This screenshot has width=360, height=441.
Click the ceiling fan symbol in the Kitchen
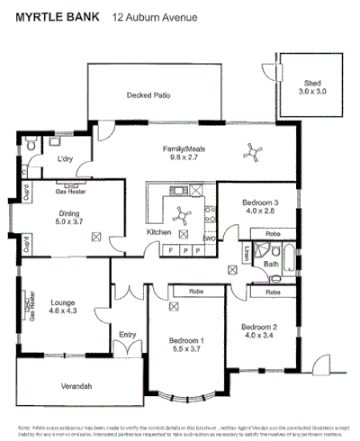tap(181, 215)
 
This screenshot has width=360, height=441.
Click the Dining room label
tap(69, 215)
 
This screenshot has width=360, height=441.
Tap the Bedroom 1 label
tap(187, 343)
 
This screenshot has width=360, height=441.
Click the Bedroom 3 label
tap(260, 206)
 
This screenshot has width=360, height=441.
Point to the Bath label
tap(271, 265)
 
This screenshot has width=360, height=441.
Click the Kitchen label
tap(158, 231)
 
